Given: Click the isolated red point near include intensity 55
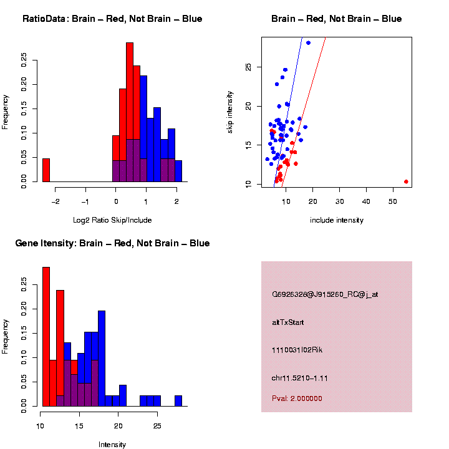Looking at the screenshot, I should (406, 181).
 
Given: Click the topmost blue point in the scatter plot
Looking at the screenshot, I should (308, 43).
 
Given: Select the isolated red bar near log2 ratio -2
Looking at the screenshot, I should (46, 170).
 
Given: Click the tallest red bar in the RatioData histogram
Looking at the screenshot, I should (130, 112).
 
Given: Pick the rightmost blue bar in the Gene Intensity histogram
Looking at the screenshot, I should (178, 401).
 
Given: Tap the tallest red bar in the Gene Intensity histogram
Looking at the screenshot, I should (46, 337).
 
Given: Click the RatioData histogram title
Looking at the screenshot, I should (112, 19).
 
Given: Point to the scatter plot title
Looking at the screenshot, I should (336, 19).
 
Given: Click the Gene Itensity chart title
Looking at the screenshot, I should (112, 243).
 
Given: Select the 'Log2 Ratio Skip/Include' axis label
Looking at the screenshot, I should (112, 220).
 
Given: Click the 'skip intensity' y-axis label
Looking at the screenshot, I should (230, 112).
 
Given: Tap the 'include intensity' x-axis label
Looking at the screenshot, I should (337, 220).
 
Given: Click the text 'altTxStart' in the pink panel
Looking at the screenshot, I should (287, 322).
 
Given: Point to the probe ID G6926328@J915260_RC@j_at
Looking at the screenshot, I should (325, 294).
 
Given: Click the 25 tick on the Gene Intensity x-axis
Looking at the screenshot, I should (157, 426).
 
